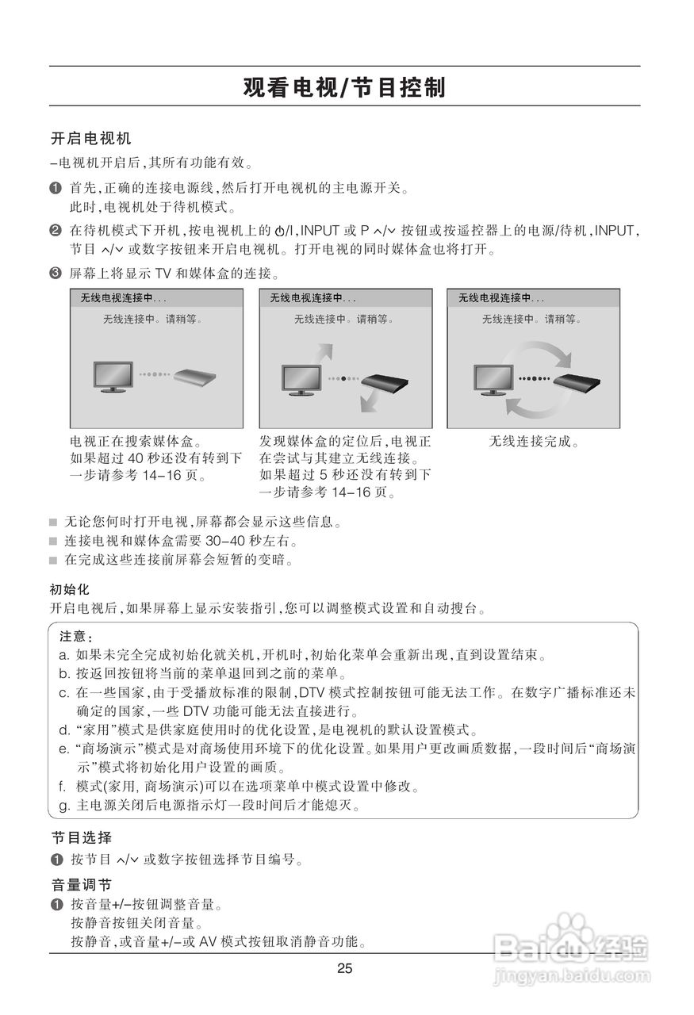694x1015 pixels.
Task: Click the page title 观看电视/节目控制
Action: pos(344,87)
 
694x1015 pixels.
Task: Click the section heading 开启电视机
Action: pos(90,139)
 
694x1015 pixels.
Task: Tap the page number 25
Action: pos(344,968)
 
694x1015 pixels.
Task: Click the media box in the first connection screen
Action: pos(196,377)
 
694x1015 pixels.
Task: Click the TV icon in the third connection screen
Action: pos(493,377)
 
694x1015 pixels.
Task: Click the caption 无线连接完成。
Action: pos(533,441)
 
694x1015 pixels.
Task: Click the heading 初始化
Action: pos(70,590)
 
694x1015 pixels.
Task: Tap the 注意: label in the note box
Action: pos(76,637)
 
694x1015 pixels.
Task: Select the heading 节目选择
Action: pos(82,837)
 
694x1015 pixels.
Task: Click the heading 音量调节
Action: pos(82,885)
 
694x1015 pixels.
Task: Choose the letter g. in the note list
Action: pos(64,806)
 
